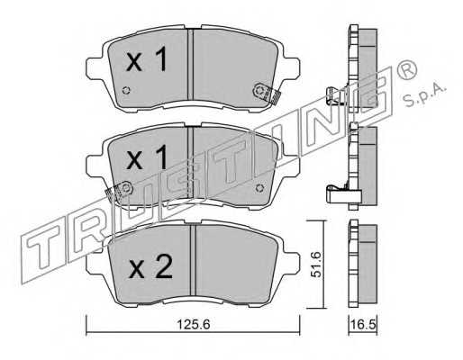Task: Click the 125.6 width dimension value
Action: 193,325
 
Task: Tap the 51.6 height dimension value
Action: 316,265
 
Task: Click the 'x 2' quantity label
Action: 150,266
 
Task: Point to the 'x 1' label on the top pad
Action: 147,59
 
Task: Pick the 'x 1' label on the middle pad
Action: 147,157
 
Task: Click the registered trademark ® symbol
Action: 406,69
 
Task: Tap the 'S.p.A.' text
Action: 424,95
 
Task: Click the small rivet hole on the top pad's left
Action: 126,90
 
